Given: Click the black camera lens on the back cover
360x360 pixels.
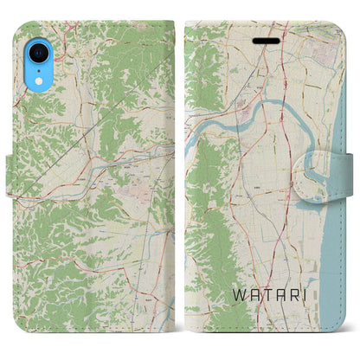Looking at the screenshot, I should coord(29,42).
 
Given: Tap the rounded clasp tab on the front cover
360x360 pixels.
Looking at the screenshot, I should coord(325,162).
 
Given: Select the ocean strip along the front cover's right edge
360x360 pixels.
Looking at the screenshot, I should coord(333,260).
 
